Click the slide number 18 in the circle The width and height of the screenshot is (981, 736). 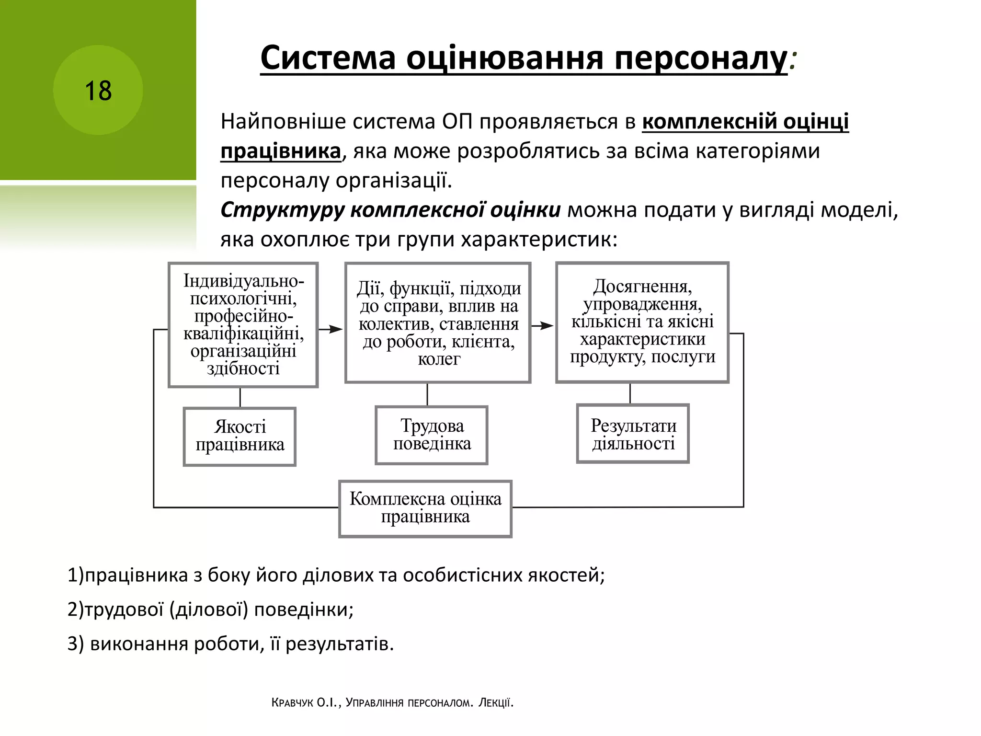(x=98, y=91)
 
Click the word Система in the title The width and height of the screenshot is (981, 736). (x=328, y=58)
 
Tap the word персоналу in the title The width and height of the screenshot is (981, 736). (x=700, y=58)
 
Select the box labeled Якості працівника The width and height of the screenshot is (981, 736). (x=240, y=436)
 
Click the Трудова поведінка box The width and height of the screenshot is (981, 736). (x=432, y=435)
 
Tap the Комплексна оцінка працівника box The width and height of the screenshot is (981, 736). (x=425, y=508)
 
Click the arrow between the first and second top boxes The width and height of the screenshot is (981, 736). (x=331, y=329)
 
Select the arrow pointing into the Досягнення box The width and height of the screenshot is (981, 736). (x=543, y=326)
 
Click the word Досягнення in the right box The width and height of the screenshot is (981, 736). (x=642, y=286)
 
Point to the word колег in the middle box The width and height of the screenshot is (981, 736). (x=439, y=359)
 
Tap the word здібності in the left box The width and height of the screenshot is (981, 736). (x=243, y=368)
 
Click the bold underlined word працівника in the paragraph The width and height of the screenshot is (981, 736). (x=281, y=151)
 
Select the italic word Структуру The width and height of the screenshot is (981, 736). (x=282, y=210)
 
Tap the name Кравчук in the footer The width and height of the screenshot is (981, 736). (x=292, y=703)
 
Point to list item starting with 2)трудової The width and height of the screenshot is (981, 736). (x=211, y=609)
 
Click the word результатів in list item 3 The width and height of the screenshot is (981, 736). (x=339, y=644)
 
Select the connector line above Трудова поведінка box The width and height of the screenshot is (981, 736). (x=427, y=394)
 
